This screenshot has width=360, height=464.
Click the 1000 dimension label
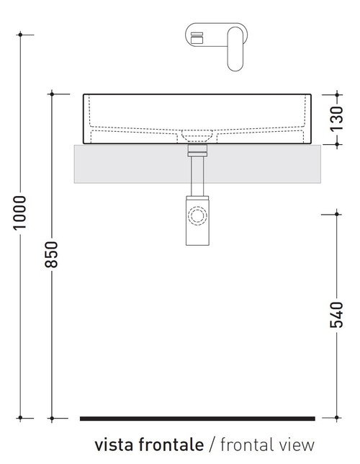coord(21,213)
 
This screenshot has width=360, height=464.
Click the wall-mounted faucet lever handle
coord(235,48)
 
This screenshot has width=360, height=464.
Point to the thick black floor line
coord(197,418)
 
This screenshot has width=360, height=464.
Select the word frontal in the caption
coord(246,445)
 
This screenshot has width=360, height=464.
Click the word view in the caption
coord(296,445)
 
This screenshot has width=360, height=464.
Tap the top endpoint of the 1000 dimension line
coord(21,34)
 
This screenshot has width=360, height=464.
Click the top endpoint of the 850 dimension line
coord(52,94)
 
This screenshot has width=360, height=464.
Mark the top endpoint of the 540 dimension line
coord(337,213)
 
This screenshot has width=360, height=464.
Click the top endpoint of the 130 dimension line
coord(337,94)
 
